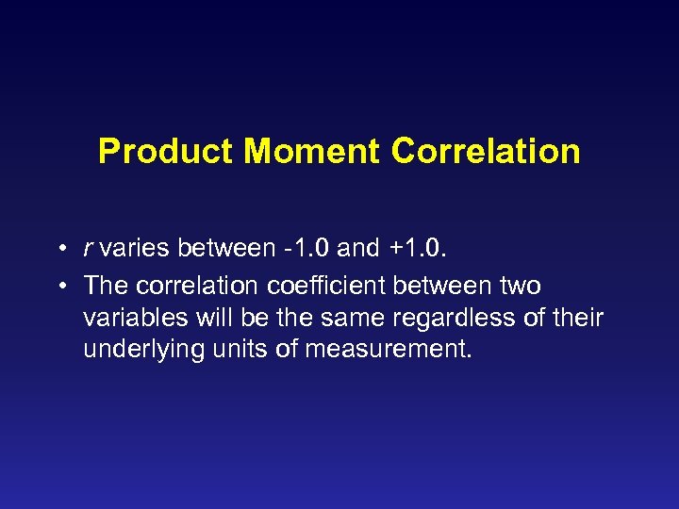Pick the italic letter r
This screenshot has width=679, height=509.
point(88,250)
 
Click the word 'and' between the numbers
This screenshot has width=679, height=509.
point(357,250)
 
